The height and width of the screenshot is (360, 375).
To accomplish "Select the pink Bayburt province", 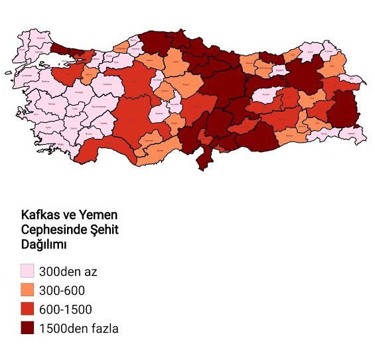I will (x=280, y=69).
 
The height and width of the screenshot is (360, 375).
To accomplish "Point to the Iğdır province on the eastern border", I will (x=351, y=79).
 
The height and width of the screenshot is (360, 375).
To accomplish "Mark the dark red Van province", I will (x=342, y=108).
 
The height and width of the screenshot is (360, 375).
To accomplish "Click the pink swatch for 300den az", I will (x=27, y=271).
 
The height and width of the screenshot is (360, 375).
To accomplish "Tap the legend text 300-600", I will (x=62, y=290).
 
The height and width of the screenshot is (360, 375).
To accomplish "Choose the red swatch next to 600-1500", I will (x=27, y=309).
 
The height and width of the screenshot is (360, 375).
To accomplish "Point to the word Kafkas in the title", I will (x=40, y=215).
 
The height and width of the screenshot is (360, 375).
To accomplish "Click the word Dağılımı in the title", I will (x=46, y=244).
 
